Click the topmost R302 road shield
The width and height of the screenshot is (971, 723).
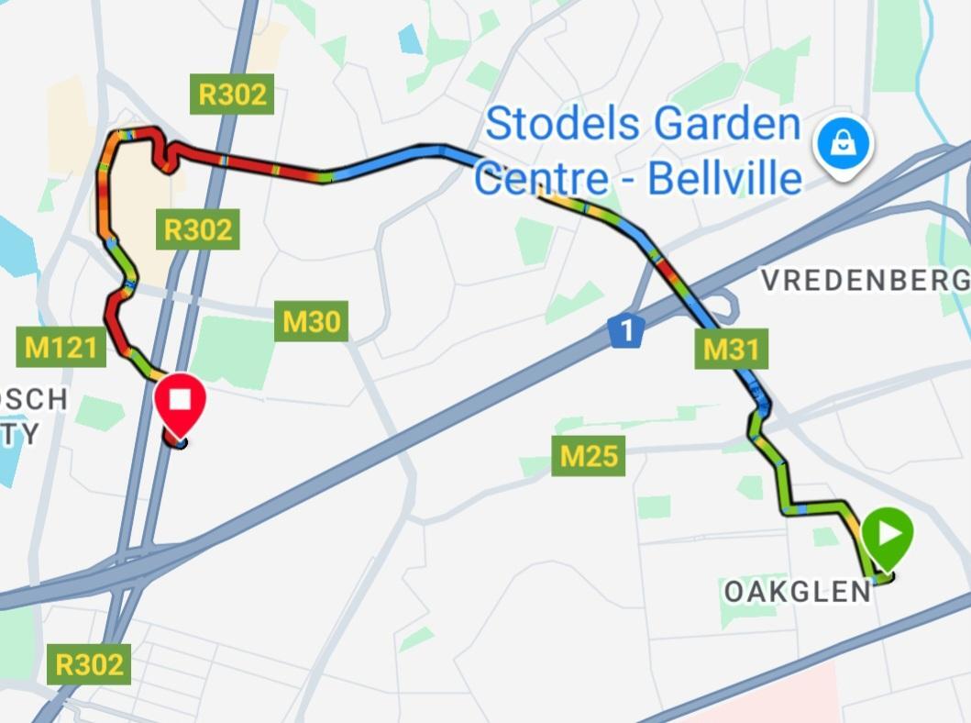click(x=232, y=95)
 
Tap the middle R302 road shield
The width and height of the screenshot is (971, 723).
click(x=198, y=229)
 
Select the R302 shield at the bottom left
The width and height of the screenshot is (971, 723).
click(x=88, y=664)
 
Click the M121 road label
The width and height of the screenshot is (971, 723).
click(x=61, y=347)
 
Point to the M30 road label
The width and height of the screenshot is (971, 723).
click(x=311, y=322)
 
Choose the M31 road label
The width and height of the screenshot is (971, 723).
click(x=731, y=349)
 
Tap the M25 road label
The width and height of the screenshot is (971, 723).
click(x=588, y=456)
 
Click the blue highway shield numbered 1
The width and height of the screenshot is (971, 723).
click(x=624, y=331)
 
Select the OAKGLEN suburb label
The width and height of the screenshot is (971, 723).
click(x=797, y=592)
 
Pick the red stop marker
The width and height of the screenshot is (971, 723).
click(x=179, y=405)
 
